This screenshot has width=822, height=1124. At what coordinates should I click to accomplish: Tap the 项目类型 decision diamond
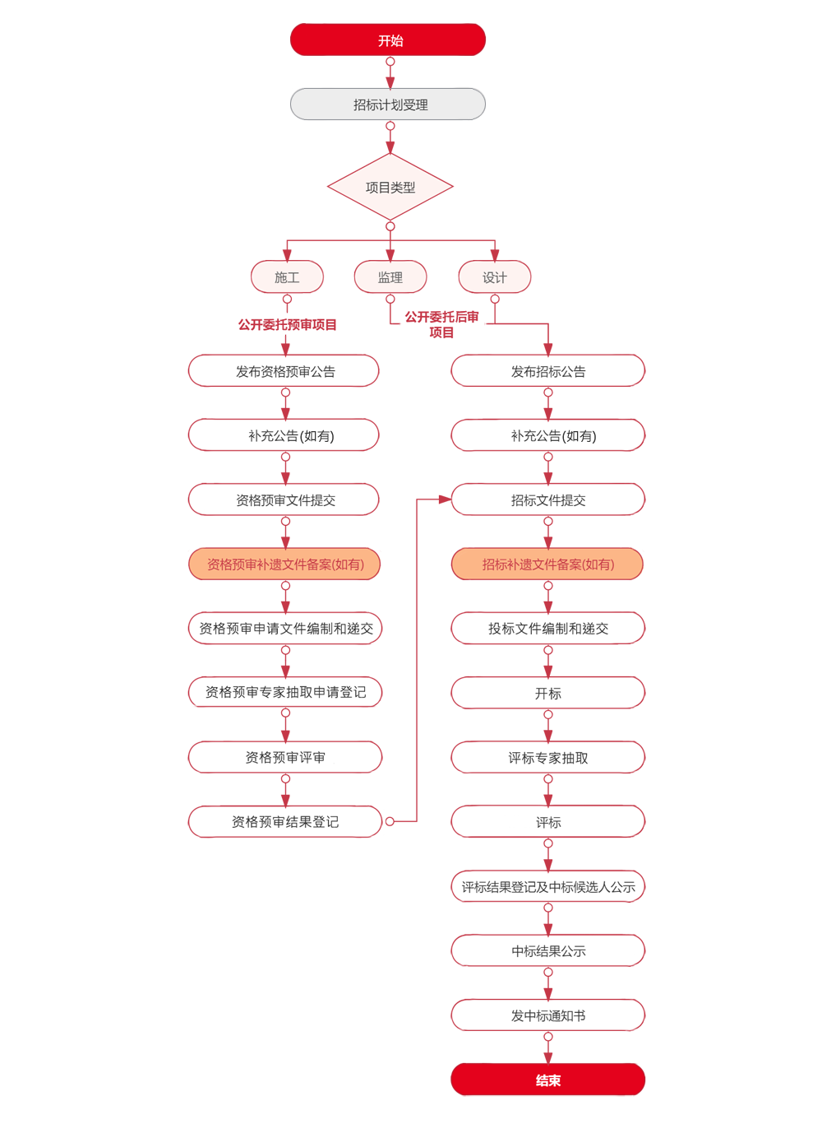pyautogui.click(x=390, y=188)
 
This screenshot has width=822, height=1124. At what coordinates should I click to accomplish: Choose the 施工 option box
pyautogui.click(x=287, y=277)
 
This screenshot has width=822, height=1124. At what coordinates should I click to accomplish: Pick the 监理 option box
pyautogui.click(x=390, y=277)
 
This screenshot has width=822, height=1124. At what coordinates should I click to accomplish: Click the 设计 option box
pyautogui.click(x=494, y=277)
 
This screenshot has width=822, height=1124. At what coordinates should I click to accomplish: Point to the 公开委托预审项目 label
pyautogui.click(x=287, y=324)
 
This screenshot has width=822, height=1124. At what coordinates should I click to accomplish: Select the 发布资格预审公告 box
pyautogui.click(x=284, y=371)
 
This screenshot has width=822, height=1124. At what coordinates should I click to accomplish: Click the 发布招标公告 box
pyautogui.click(x=547, y=371)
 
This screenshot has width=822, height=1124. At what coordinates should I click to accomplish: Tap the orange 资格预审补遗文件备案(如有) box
pyautogui.click(x=284, y=564)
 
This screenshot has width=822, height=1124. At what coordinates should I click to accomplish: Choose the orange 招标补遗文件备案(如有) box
pyautogui.click(x=547, y=564)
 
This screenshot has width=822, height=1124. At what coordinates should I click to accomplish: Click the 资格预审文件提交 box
pyautogui.click(x=284, y=500)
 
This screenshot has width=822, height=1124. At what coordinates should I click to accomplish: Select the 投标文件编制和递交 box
pyautogui.click(x=547, y=629)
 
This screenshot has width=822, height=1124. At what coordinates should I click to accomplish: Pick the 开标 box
pyautogui.click(x=547, y=694)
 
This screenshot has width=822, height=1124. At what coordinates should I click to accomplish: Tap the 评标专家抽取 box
pyautogui.click(x=547, y=758)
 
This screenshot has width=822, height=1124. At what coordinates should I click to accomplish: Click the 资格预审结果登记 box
pyautogui.click(x=284, y=822)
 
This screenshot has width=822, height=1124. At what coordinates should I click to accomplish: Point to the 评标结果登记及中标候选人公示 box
pyautogui.click(x=547, y=887)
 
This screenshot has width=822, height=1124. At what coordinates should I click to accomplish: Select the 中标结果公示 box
pyautogui.click(x=547, y=951)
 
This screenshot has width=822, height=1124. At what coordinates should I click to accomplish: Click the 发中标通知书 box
pyautogui.click(x=547, y=1015)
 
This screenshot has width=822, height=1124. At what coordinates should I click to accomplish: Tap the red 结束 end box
pyautogui.click(x=547, y=1080)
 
